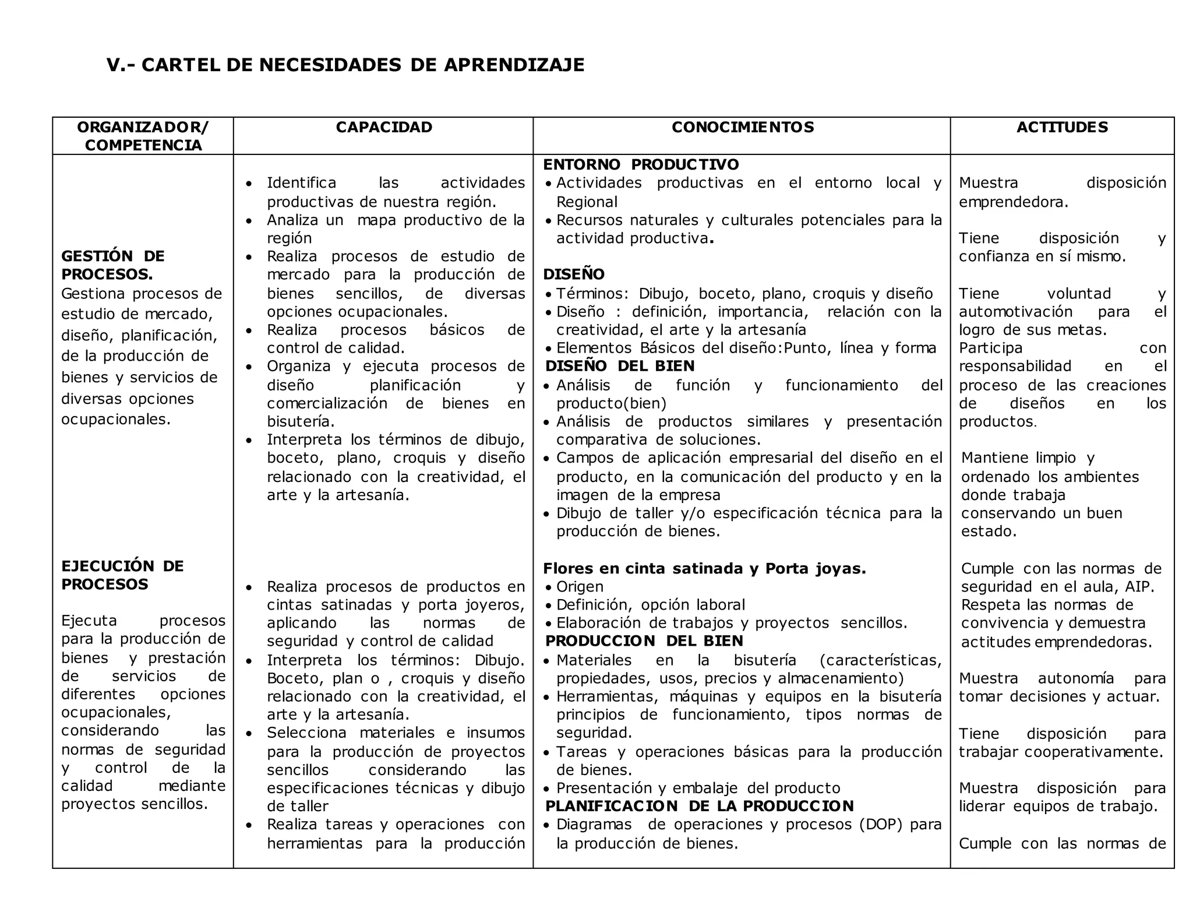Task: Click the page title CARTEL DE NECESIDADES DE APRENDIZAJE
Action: coord(345,65)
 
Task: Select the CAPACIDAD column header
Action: coord(384,127)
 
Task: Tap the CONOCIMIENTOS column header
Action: coord(743,127)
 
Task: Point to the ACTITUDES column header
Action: coord(1062,127)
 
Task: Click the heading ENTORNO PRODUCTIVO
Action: coord(641,164)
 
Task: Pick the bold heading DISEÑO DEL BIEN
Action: coord(620,366)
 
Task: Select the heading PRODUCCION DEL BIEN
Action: coord(644,641)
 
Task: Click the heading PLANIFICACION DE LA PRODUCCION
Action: coord(699,806)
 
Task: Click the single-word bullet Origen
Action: coord(580,586)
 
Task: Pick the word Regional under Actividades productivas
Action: coord(586,202)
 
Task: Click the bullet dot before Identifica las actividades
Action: coord(249,184)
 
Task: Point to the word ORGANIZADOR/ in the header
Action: coord(143,127)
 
